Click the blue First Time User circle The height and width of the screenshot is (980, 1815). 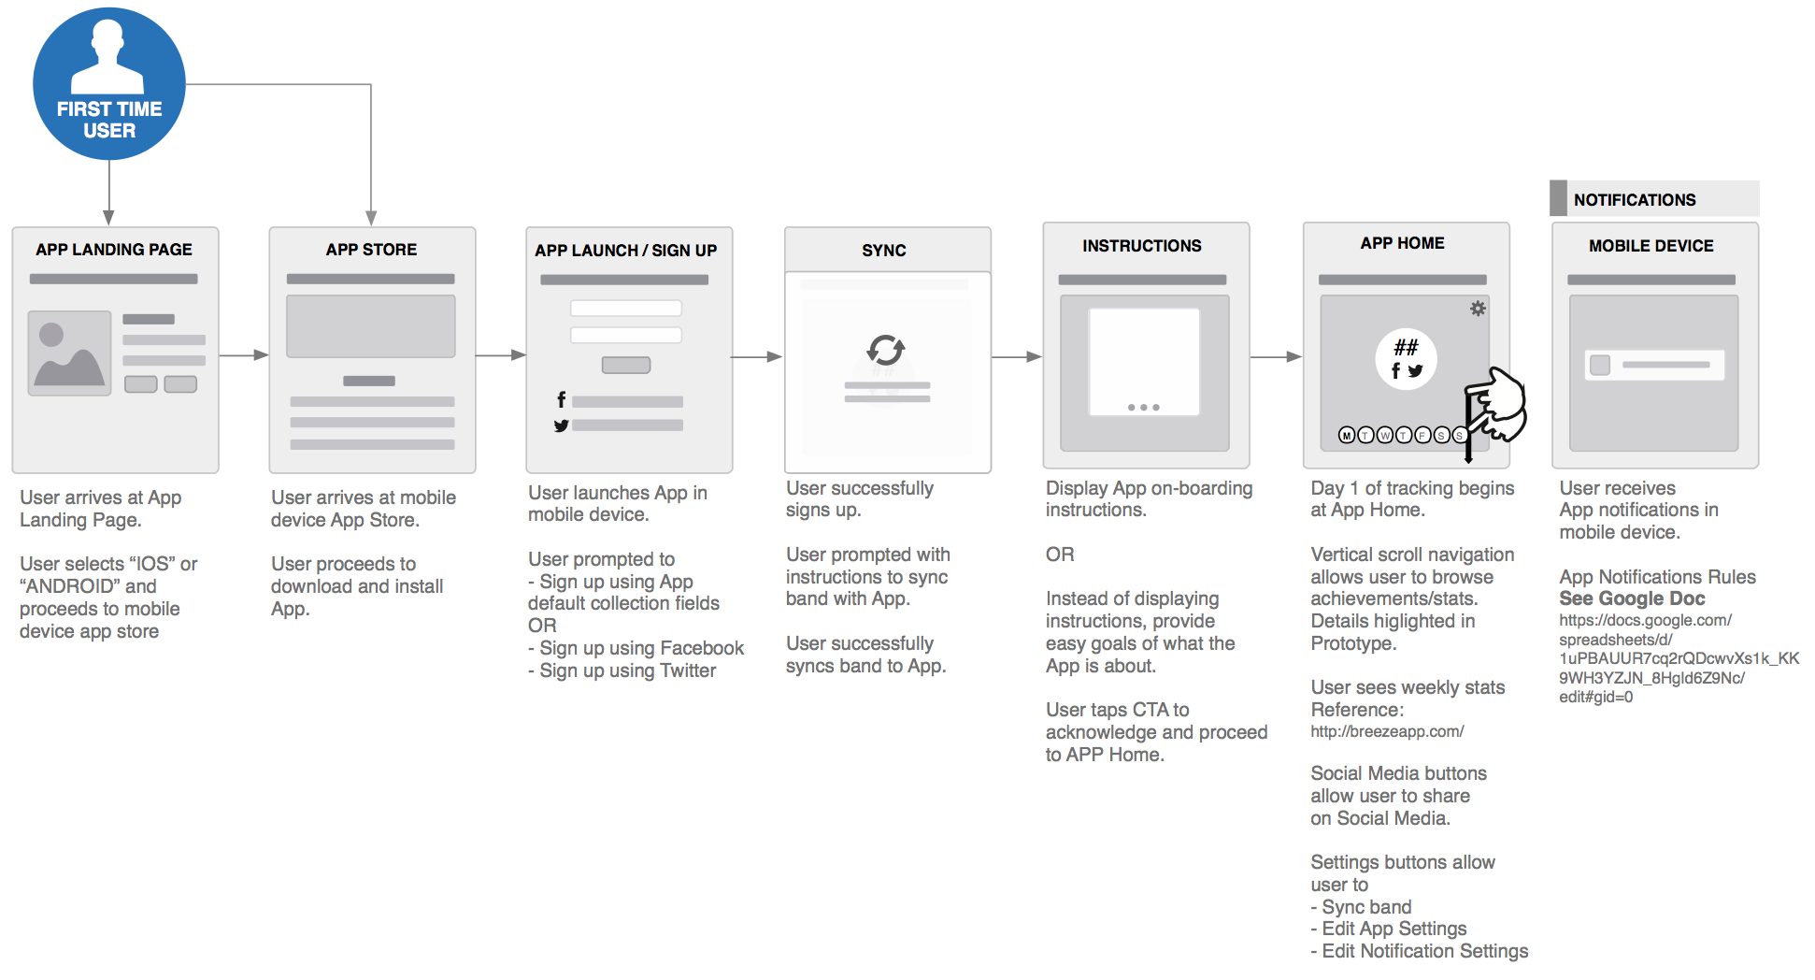pyautogui.click(x=109, y=84)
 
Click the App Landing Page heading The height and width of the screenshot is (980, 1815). pyautogui.click(x=114, y=250)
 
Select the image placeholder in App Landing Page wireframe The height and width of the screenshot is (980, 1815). pyautogui.click(x=69, y=353)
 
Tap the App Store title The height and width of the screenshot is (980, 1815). pyautogui.click(x=371, y=250)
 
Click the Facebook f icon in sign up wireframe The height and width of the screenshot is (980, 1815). pyautogui.click(x=561, y=400)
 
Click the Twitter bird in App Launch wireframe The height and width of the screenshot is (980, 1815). pyautogui.click(x=561, y=425)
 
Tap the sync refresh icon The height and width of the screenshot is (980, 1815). pyautogui.click(x=885, y=350)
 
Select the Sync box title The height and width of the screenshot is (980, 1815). pyautogui.click(x=884, y=251)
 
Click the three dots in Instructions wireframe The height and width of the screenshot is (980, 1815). pyautogui.click(x=1143, y=408)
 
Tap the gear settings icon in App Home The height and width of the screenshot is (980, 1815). pyautogui.click(x=1478, y=309)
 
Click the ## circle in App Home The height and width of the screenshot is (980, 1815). pyautogui.click(x=1406, y=359)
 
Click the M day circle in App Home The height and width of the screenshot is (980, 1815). pyautogui.click(x=1347, y=435)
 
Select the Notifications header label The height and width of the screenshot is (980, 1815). pyautogui.click(x=1634, y=200)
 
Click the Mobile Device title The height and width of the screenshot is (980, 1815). pyautogui.click(x=1651, y=246)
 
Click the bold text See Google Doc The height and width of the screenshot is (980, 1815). pyautogui.click(x=1632, y=598)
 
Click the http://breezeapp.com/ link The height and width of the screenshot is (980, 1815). pyautogui.click(x=1387, y=731)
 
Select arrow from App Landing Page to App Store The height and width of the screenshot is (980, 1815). pyautogui.click(x=244, y=355)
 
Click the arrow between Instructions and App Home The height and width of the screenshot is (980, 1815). pyautogui.click(x=1276, y=356)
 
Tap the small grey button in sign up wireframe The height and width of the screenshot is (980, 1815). pyautogui.click(x=625, y=366)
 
